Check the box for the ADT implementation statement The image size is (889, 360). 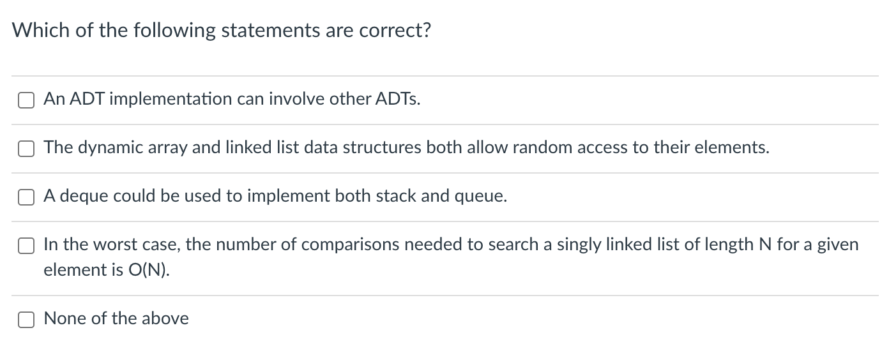pos(26,100)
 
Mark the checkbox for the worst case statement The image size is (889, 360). pos(26,246)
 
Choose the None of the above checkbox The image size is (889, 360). pos(26,319)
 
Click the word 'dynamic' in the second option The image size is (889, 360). pos(105,148)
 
